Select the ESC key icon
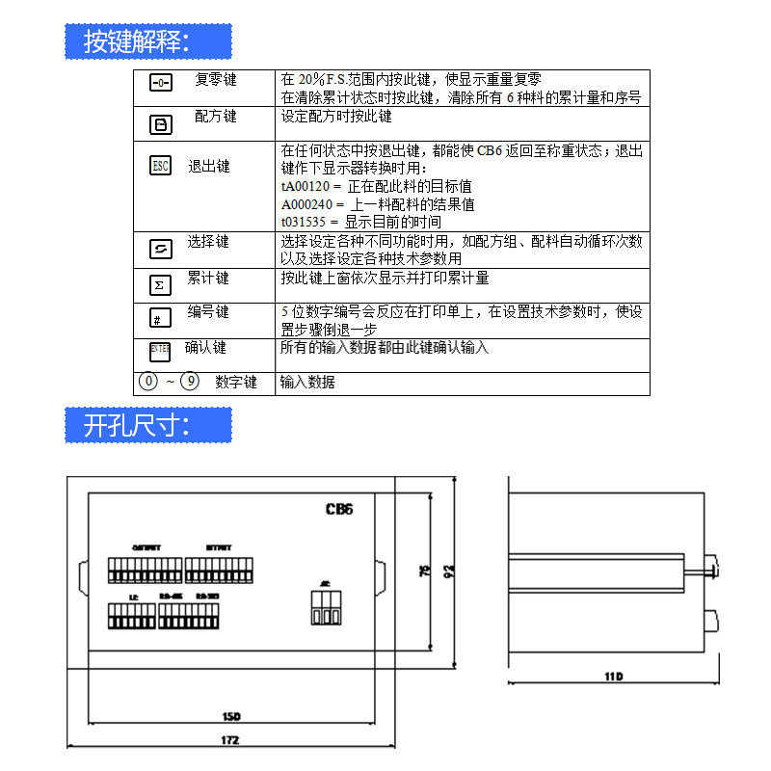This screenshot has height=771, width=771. [160, 166]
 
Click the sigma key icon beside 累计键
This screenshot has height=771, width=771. [160, 284]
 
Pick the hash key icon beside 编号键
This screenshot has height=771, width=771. [158, 318]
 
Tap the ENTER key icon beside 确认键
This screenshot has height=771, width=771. [159, 349]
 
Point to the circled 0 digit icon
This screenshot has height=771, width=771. [148, 382]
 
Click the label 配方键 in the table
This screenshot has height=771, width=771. [215, 117]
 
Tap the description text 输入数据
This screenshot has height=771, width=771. [307, 383]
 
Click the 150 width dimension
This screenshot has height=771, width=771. [231, 716]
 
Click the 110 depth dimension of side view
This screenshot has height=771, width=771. [613, 678]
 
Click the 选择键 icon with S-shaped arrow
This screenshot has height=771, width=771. [160, 249]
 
